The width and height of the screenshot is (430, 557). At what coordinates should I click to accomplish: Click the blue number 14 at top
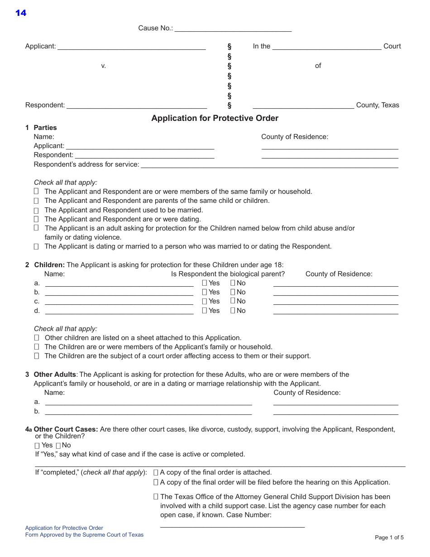(x=21, y=13)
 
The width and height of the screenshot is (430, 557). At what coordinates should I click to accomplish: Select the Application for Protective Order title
(x=215, y=118)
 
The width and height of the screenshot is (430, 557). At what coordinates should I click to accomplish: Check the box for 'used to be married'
(x=36, y=211)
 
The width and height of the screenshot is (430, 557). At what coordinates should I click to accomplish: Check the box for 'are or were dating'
(x=36, y=220)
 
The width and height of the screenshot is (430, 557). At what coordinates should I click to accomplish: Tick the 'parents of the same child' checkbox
(x=36, y=201)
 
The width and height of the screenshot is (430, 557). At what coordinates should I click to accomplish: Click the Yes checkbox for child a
(x=205, y=283)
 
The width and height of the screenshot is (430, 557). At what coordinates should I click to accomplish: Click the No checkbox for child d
(x=233, y=311)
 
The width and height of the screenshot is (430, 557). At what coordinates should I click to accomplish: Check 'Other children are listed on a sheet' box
(x=36, y=338)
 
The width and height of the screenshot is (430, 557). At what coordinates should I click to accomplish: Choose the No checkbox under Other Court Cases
(x=58, y=446)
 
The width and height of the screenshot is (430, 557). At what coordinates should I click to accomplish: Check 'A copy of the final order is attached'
(x=156, y=472)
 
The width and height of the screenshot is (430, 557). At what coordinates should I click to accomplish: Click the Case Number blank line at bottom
(x=232, y=526)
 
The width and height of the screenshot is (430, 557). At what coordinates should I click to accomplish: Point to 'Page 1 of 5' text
(x=389, y=538)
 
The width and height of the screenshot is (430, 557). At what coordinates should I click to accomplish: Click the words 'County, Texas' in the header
(x=377, y=105)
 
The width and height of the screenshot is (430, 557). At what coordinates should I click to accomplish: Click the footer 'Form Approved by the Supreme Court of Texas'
(x=84, y=535)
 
